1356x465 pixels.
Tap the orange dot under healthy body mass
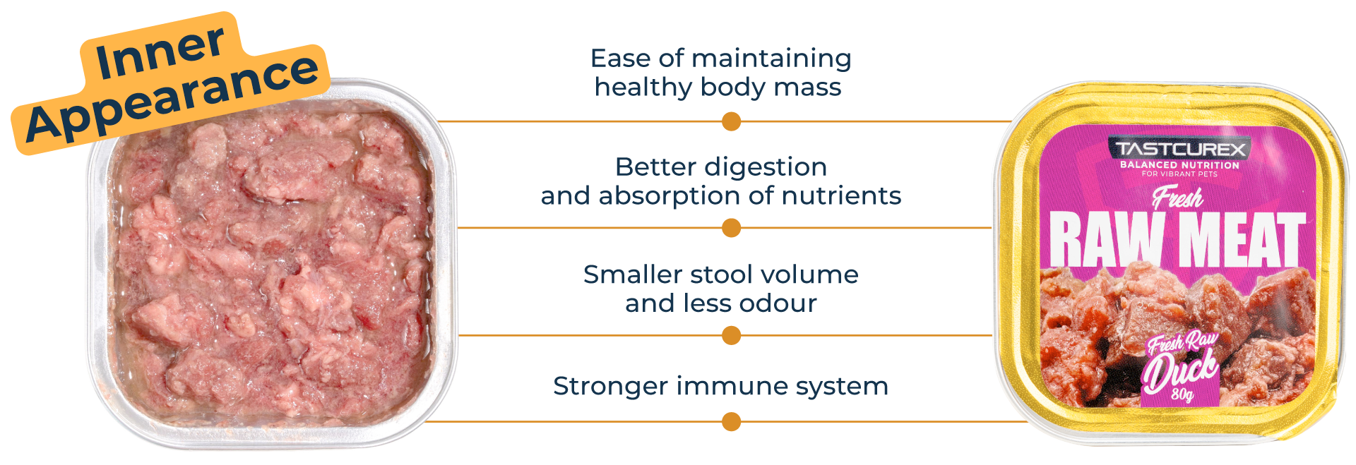731,122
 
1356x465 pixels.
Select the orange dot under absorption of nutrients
731,228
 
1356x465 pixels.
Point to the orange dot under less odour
731,335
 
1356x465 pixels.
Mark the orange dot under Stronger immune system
731,422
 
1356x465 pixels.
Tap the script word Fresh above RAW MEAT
1177,198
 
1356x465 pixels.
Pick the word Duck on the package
1180,370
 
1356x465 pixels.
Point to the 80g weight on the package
1182,394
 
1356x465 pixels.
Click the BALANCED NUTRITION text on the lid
1179,165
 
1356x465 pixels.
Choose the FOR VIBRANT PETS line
1179,174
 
